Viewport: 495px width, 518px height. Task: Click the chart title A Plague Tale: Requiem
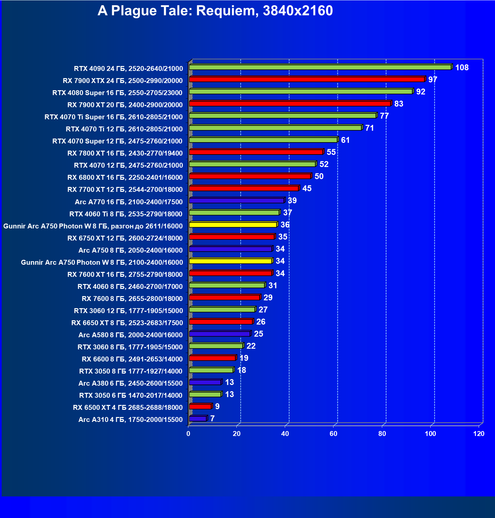pyautogui.click(x=215, y=11)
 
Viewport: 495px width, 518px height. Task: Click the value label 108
pyautogui.click(x=462, y=68)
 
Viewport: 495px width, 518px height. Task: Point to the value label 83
pyautogui.click(x=399, y=104)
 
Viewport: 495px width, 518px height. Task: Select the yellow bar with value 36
pyautogui.click(x=233, y=225)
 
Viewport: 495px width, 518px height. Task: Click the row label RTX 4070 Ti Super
pyautogui.click(x=113, y=117)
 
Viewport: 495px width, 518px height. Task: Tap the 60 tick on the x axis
pyautogui.click(x=333, y=434)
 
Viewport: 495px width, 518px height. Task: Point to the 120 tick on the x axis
pyautogui.click(x=479, y=434)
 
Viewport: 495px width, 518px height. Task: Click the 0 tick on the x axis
pyautogui.click(x=188, y=434)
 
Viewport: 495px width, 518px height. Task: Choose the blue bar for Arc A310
pyautogui.click(x=198, y=419)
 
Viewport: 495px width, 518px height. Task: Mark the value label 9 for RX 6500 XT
pyautogui.click(x=217, y=407)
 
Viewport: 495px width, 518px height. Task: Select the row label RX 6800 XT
pyautogui.click(x=125, y=177)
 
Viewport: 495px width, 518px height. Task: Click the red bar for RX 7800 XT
pyautogui.click(x=256, y=152)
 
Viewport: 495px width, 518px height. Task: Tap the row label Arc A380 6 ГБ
pyautogui.click(x=130, y=383)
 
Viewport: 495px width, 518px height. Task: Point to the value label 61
pyautogui.click(x=345, y=140)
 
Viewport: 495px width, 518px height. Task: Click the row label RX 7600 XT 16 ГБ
pyautogui.click(x=125, y=275)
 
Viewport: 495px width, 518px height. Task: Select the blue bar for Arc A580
pyautogui.click(x=219, y=334)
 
